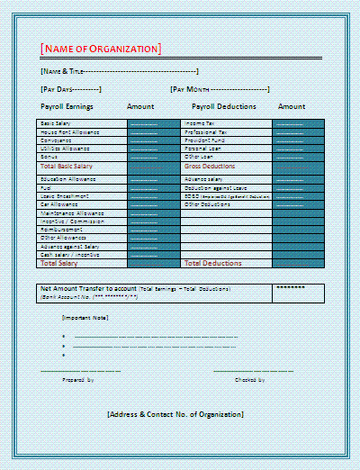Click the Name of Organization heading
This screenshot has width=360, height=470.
101,48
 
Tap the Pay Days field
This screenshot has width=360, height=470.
70,89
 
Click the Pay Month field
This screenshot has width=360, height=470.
220,89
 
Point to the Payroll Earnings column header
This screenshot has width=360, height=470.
67,106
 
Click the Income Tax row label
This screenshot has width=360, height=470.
199,122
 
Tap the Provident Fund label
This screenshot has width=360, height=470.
204,140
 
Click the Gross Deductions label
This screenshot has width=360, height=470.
210,167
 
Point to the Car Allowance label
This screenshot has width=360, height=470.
59,204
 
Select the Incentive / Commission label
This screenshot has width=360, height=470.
71,221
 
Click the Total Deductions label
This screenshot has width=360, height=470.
212,263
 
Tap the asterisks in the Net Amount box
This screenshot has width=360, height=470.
291,288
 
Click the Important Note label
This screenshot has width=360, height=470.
85,318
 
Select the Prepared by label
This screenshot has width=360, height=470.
77,380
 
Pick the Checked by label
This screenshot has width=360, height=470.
249,380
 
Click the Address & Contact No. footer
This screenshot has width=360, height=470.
175,414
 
